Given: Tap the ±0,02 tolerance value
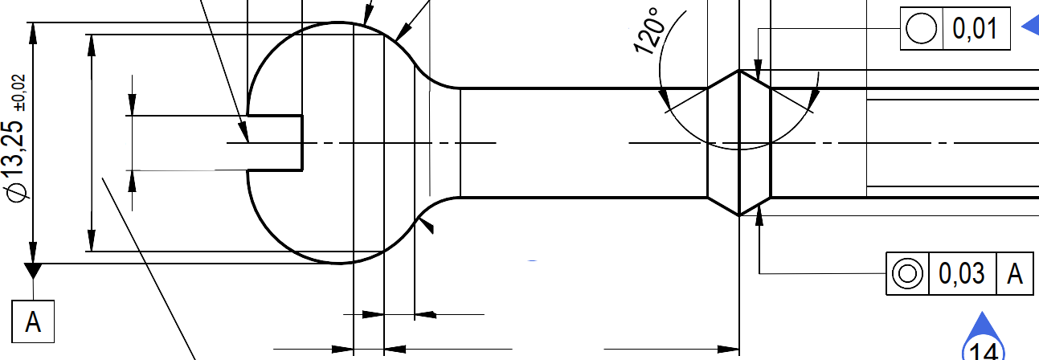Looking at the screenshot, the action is [x=19, y=92].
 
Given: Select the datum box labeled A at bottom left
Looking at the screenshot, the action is [x=33, y=321].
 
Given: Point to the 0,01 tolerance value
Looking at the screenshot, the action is [x=976, y=28].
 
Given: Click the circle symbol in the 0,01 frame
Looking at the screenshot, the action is [x=921, y=28].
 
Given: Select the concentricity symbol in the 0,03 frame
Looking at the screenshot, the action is [x=907, y=273].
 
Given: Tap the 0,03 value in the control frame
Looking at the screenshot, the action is [x=962, y=273].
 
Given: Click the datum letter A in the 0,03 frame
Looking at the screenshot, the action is [x=1015, y=273].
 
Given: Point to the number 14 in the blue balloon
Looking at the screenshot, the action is [x=984, y=351].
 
